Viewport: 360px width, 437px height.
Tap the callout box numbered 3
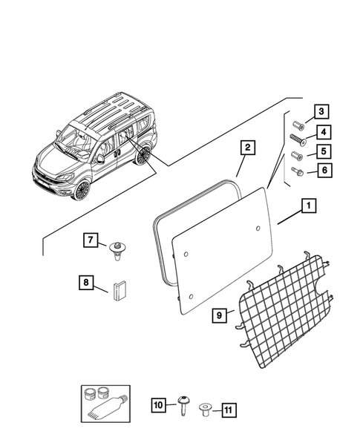point(321,113)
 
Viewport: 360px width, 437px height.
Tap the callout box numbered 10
point(158,405)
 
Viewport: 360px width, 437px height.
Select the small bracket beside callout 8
point(120,289)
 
